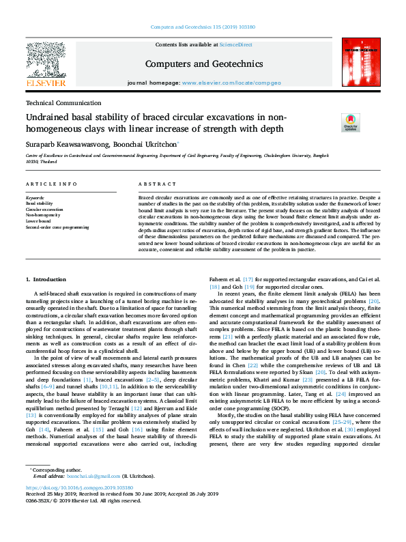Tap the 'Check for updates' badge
[331, 122]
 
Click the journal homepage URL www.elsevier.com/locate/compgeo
[231, 83]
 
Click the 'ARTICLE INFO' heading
[50, 184]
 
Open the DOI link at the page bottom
[78, 488]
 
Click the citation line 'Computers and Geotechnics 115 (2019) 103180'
[203, 28]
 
